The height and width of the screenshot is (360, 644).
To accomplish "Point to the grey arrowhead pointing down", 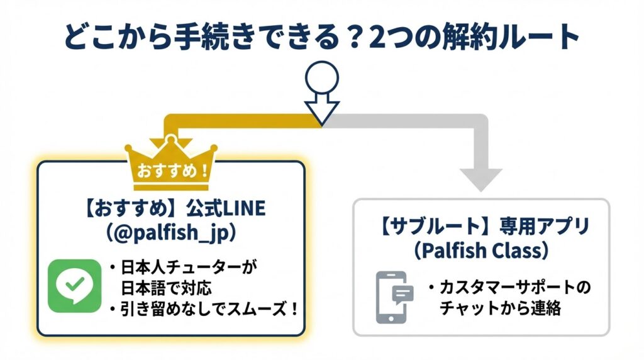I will point(481,179).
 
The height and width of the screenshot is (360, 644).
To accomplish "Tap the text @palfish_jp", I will point(170,232).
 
